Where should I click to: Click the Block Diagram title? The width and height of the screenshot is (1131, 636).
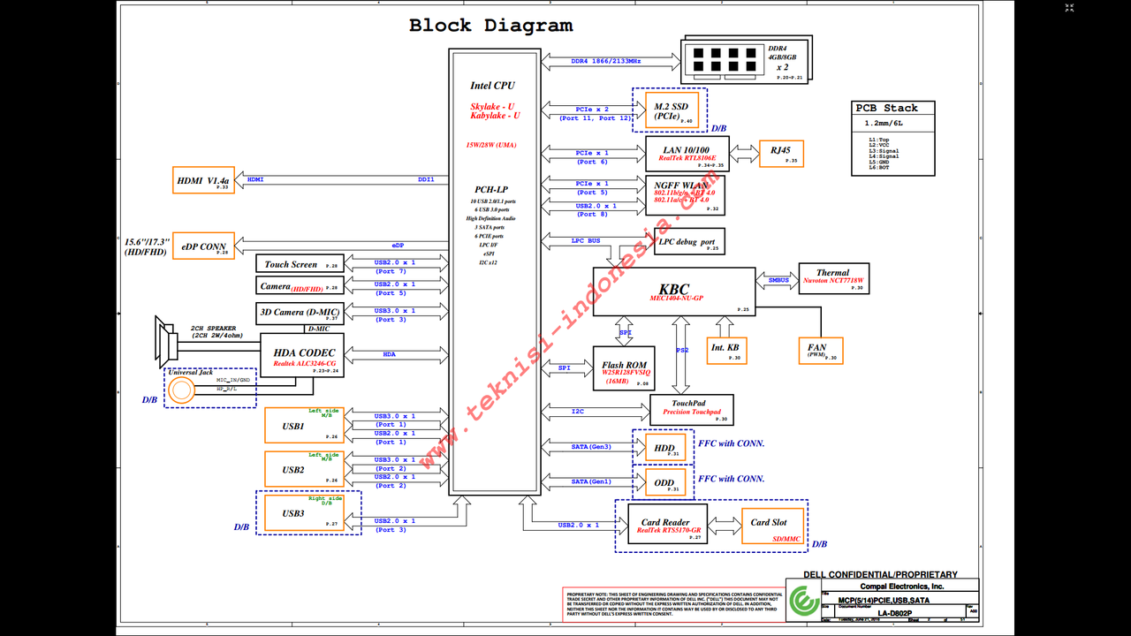(490, 26)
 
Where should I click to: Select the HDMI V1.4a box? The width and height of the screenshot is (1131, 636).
(206, 180)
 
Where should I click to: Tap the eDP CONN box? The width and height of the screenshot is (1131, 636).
(203, 246)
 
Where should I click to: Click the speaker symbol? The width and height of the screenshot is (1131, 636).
(166, 338)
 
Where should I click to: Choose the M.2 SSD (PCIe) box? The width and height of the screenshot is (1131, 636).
(672, 110)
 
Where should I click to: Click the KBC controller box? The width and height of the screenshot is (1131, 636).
(673, 291)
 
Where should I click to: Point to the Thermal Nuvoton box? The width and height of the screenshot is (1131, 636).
(833, 278)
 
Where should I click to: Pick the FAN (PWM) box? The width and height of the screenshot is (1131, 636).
(820, 351)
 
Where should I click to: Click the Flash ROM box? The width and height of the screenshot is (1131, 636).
(624, 368)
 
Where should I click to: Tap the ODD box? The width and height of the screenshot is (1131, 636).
(664, 482)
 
